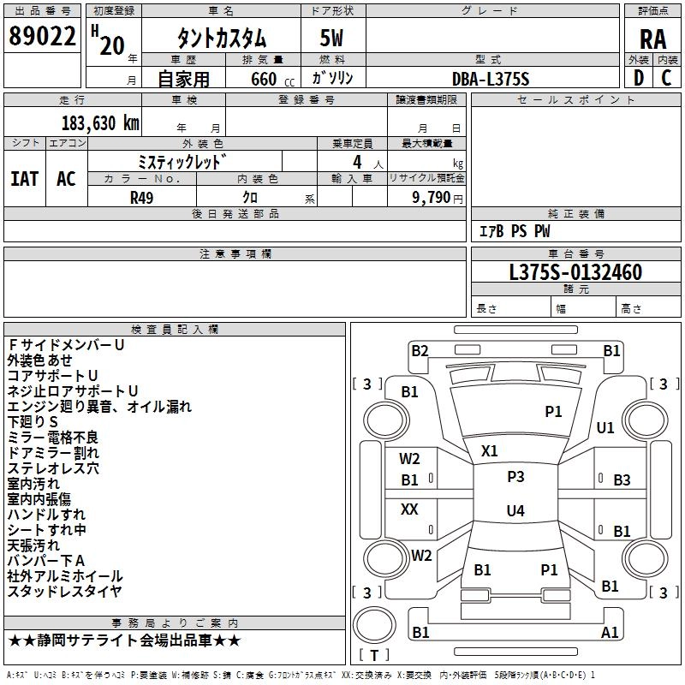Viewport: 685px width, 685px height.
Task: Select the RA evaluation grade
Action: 652,39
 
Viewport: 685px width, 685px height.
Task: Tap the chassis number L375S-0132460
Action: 575,273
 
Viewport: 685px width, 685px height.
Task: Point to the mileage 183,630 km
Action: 99,122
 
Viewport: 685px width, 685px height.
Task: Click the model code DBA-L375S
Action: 491,79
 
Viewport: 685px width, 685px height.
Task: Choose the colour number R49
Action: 142,197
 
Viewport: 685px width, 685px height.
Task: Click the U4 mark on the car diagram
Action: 515,511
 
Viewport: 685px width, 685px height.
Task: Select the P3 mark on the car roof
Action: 515,477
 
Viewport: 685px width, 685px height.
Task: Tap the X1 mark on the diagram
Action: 490,450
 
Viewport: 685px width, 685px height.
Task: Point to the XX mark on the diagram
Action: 410,509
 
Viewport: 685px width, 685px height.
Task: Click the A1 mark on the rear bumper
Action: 610,633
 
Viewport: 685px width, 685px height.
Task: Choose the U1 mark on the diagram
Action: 605,427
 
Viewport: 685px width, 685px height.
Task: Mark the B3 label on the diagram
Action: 622,480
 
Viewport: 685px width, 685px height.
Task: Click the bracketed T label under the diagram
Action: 374,656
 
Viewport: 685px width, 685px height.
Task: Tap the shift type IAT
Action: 25,178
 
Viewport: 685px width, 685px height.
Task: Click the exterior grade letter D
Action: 638,79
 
